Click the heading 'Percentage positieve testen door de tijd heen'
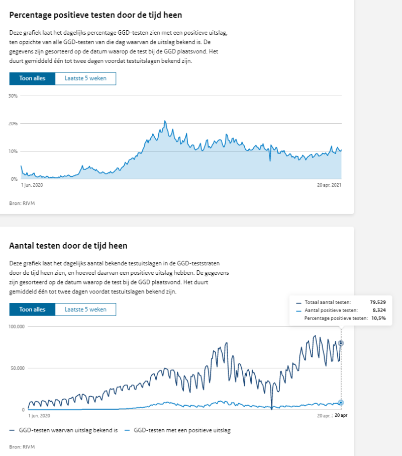coord(95,15)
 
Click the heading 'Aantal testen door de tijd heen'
coord(68,246)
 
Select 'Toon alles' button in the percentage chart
coord(32,79)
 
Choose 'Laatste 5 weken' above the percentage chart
coord(85,79)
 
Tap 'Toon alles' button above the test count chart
coord(32,309)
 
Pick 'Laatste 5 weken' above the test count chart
coord(85,309)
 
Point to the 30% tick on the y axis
coord(13,96)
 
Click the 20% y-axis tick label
coord(13,124)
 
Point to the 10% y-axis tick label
coord(13,151)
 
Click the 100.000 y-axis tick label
coord(17,327)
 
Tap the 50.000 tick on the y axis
coord(17,368)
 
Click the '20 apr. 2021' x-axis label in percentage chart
coord(329,185)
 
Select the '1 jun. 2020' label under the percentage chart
coord(32,185)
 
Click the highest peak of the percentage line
coord(165,121)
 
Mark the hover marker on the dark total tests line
coord(341,343)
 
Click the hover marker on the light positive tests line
coord(341,403)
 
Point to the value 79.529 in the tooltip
coord(378,302)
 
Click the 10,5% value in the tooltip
coord(379,318)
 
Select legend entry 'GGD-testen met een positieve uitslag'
coord(182,430)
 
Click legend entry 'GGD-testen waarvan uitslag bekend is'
coord(68,430)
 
